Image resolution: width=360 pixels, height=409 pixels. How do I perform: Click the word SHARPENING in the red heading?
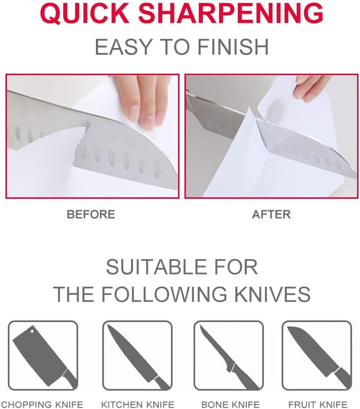pyautogui.click(x=231, y=13)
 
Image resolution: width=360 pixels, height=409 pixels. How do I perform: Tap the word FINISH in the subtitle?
pyautogui.click(x=233, y=47)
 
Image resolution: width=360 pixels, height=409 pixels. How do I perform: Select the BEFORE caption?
pyautogui.click(x=91, y=215)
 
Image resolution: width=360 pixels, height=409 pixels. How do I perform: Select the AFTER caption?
pyautogui.click(x=271, y=215)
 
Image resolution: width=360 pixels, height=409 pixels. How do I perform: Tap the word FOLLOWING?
pyautogui.click(x=164, y=294)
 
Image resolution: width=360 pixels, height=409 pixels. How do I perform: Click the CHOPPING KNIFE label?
pyautogui.click(x=42, y=405)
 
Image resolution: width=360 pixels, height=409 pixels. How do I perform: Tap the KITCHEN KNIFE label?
pyautogui.click(x=137, y=405)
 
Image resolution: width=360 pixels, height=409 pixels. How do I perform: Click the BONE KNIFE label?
pyautogui.click(x=230, y=405)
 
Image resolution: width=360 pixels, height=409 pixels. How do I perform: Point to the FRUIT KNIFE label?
pyautogui.click(x=318, y=405)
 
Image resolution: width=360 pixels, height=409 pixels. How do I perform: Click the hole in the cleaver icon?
pyautogui.click(x=32, y=331)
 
